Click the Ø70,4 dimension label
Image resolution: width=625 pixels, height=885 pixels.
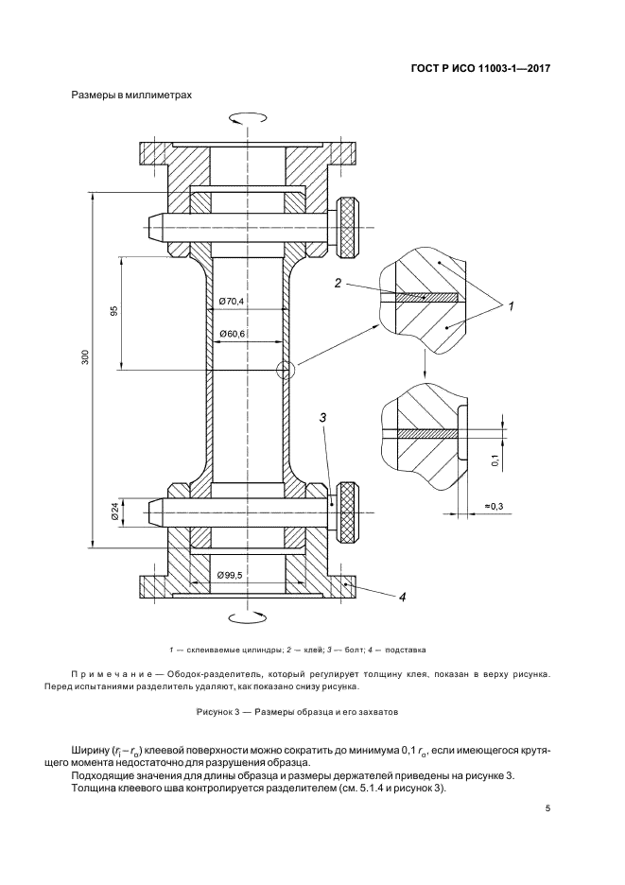click(x=232, y=302)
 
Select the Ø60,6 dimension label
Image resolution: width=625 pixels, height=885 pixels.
click(x=232, y=335)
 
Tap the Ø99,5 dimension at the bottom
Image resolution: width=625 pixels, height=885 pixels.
click(x=230, y=575)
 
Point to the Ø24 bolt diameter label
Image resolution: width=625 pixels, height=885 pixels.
click(x=114, y=512)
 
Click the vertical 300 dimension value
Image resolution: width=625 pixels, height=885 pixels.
click(x=85, y=357)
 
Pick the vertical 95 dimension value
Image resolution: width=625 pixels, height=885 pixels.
click(x=114, y=310)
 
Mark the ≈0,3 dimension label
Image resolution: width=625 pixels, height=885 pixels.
click(x=495, y=506)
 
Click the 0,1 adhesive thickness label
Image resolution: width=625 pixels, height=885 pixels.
click(x=495, y=460)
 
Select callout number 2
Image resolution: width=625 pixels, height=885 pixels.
click(x=338, y=284)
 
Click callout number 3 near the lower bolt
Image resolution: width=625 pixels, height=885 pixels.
click(x=323, y=418)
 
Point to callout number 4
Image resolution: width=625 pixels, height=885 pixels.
click(x=402, y=598)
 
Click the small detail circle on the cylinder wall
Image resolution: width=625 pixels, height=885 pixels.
click(x=286, y=371)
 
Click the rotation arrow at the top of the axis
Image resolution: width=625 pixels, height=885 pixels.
click(x=248, y=118)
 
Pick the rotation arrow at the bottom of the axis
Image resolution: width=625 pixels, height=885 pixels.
click(x=248, y=616)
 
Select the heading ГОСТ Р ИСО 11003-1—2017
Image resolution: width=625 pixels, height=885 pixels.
click(x=480, y=69)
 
